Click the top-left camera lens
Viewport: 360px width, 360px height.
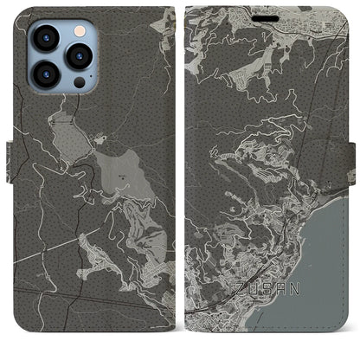coord(42,37)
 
